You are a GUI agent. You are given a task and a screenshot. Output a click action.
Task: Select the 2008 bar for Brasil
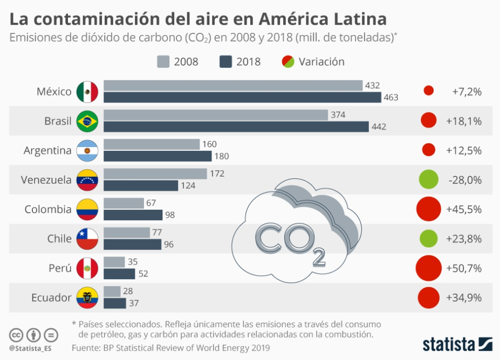pos(216,115)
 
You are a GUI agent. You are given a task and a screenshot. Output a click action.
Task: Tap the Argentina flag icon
pos(87,150)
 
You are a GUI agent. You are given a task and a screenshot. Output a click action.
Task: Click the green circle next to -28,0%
pos(428,179)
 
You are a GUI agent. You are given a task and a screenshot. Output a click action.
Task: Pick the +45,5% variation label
pos(464,209)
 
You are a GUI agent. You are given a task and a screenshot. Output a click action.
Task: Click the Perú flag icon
pos(87,268)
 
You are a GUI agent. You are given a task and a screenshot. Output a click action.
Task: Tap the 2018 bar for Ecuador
pos(114,303)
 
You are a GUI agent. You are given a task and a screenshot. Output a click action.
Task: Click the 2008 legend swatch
pos(163,61)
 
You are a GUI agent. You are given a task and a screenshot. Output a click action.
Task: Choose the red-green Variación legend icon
pos(289,61)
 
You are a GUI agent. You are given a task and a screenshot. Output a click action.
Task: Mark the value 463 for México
pos(391,98)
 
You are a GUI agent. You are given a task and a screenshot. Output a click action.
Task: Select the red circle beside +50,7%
pos(429,268)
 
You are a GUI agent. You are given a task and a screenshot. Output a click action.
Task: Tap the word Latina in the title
pos(360,19)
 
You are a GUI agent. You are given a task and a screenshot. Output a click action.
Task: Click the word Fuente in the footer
pos(86,348)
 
